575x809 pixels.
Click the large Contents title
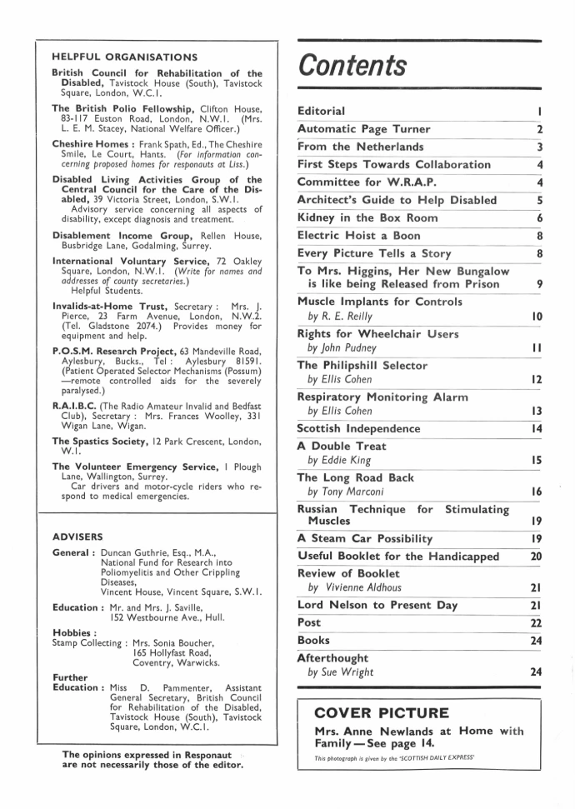[x=353, y=64]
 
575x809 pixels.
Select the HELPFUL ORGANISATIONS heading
[x=124, y=57]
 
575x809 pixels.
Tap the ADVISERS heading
[x=77, y=537]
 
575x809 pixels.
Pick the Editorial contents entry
[x=321, y=110]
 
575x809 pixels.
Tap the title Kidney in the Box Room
[x=367, y=217]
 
